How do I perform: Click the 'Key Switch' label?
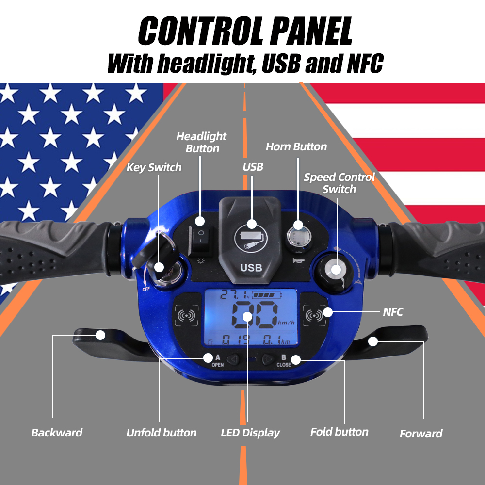point(154,167)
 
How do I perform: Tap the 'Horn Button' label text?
point(296,146)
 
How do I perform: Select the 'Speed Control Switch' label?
point(339,183)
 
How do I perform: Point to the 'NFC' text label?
point(393,312)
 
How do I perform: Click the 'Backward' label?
point(57,433)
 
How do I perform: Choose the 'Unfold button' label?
point(162,433)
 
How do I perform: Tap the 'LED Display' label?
point(250,433)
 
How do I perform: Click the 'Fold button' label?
point(339,432)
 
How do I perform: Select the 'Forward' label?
point(421,433)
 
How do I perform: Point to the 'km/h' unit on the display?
point(286,323)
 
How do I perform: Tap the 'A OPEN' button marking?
point(218,361)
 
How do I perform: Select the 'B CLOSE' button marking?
point(284,361)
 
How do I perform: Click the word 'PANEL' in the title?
point(311,31)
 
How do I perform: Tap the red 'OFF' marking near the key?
point(146,289)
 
